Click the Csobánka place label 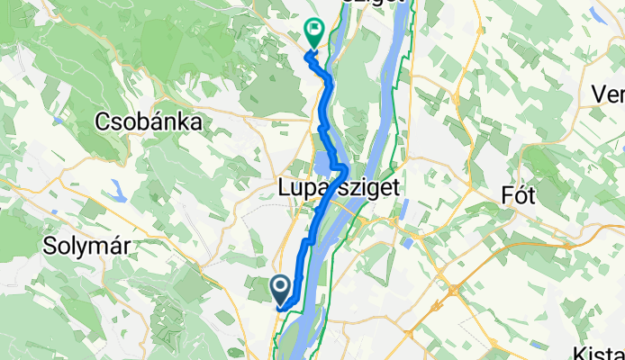[151, 122]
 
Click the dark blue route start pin [280, 288]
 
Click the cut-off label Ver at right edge [608, 93]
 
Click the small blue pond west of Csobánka [117, 189]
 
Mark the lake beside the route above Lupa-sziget [322, 163]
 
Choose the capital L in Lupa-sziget [284, 187]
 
